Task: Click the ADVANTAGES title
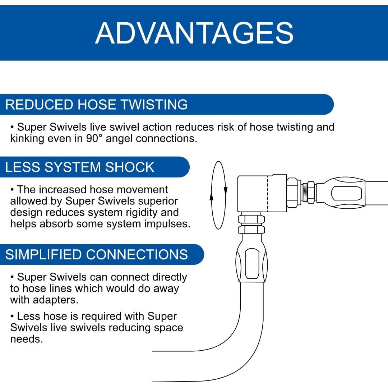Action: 194,33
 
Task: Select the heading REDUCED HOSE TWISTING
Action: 97,105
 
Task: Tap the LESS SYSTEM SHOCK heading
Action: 80,167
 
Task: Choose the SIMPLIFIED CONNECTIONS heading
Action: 97,254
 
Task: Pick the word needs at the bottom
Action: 27,339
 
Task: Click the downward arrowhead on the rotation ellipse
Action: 225,190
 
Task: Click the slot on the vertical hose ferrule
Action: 252,263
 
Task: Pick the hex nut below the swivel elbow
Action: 251,224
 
